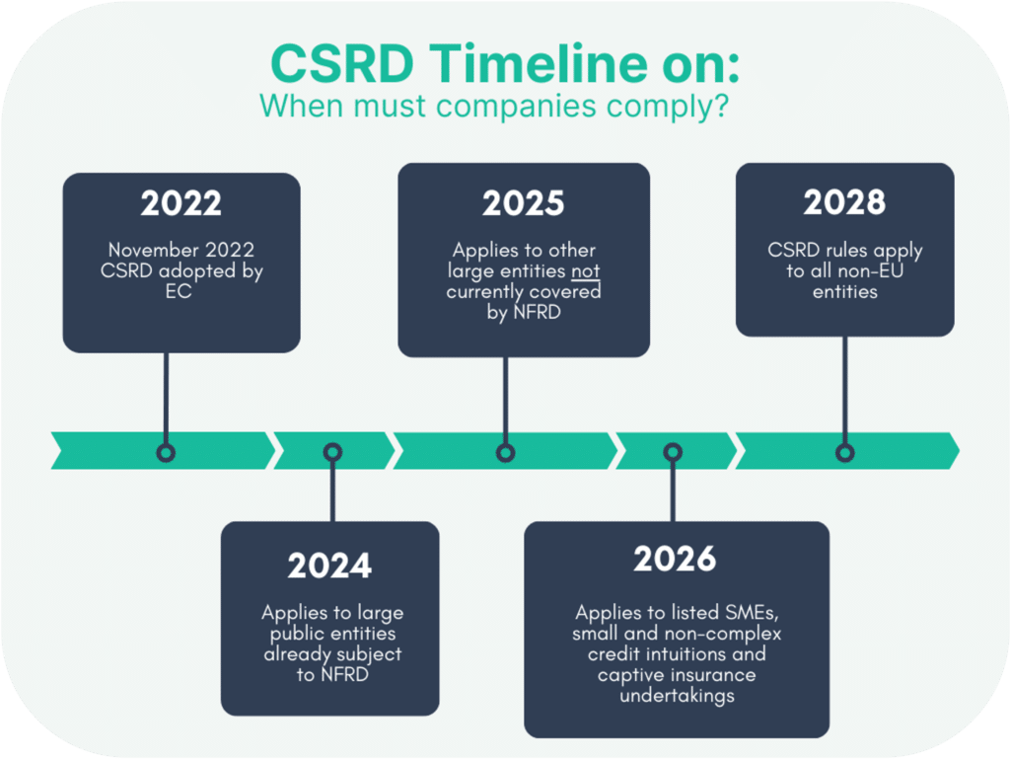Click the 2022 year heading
tap(180, 203)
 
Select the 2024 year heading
tap(329, 567)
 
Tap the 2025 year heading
tap(523, 203)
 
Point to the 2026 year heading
tap(675, 560)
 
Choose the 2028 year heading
tap(844, 202)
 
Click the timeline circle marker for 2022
tap(166, 453)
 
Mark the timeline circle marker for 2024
tap(332, 453)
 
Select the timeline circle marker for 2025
tap(505, 453)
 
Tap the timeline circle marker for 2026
tap(673, 453)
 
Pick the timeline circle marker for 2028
tap(844, 453)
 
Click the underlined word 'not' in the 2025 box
tap(587, 271)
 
